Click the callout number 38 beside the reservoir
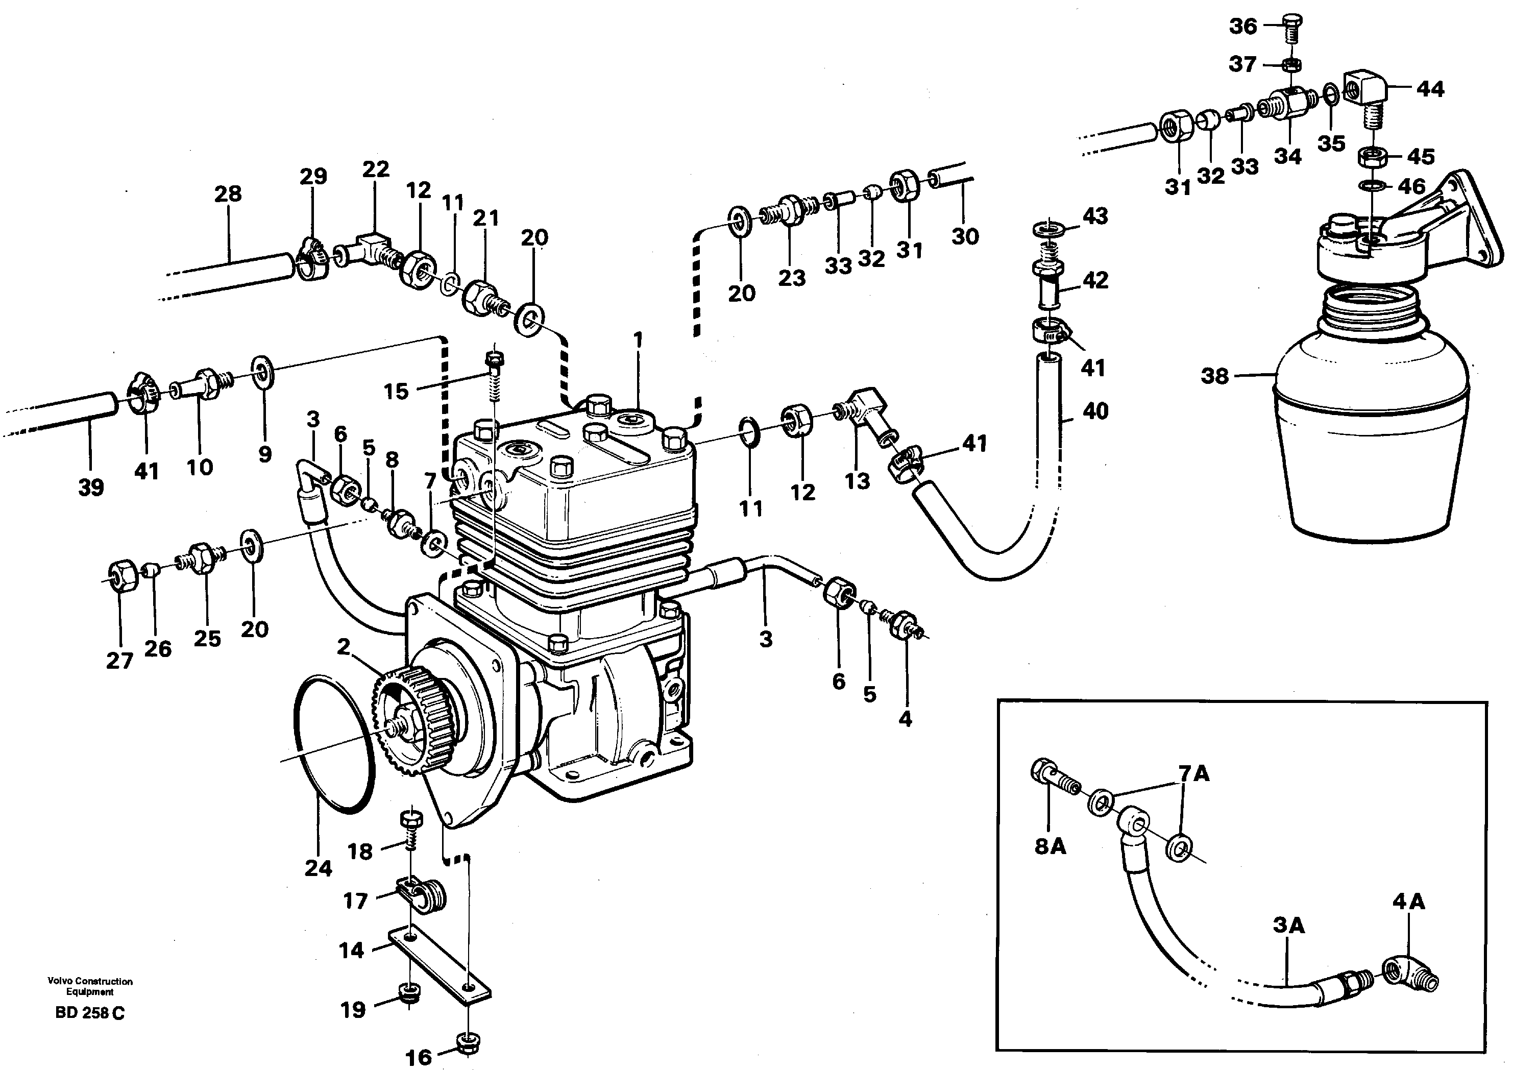pos(1214,376)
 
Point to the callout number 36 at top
pos(1243,26)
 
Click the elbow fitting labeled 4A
pos(1408,980)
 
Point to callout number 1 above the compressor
pos(638,340)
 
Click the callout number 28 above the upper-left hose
pos(228,193)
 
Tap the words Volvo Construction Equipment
pos(90,986)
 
